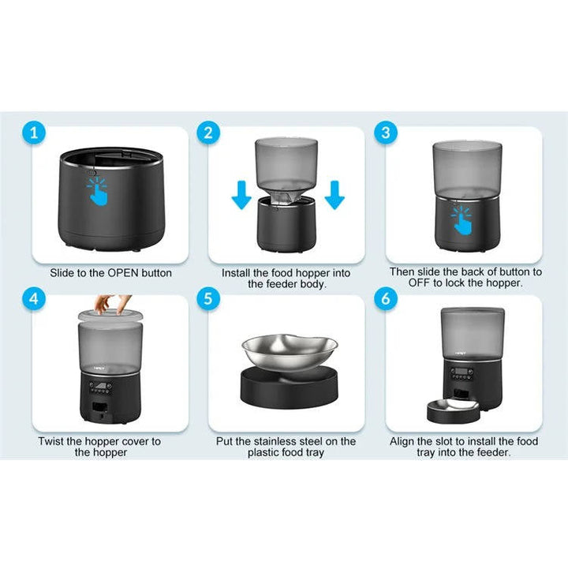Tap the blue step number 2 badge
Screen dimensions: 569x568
[207, 133]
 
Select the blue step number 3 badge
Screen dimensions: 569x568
[385, 133]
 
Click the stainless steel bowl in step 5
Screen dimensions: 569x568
[289, 351]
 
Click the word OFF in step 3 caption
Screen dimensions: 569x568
[405, 283]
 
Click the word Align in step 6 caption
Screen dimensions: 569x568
[405, 441]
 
